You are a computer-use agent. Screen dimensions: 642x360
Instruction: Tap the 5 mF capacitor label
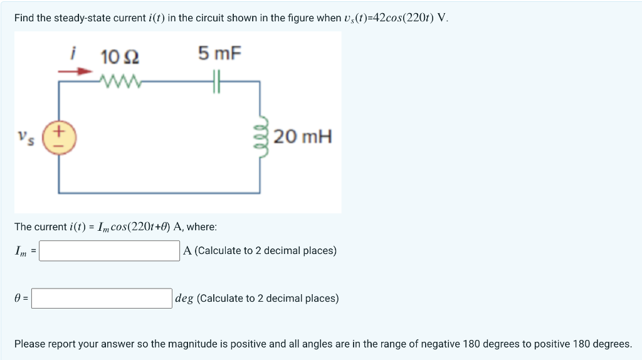(219, 53)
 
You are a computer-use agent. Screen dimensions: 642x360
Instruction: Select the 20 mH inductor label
(303, 136)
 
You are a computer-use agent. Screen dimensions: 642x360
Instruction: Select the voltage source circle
(59, 137)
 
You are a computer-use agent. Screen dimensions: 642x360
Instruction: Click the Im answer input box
(110, 251)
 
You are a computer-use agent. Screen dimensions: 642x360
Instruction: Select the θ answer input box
(102, 299)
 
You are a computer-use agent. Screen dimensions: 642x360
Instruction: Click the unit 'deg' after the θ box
(184, 299)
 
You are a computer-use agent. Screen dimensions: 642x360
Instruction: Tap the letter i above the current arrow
(73, 55)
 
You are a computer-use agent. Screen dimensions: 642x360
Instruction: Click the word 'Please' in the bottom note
(31, 344)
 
